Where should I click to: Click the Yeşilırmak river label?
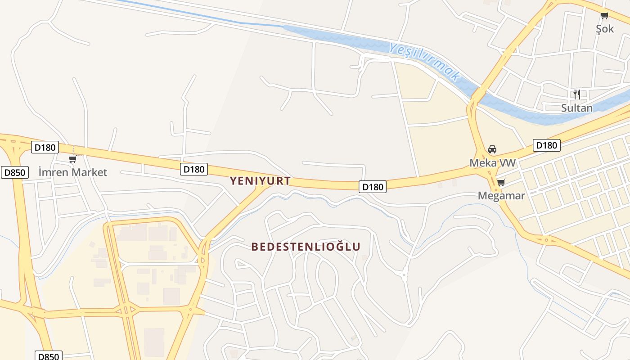click(425, 62)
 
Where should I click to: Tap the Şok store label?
click(605, 29)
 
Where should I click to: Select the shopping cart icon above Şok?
click(604, 16)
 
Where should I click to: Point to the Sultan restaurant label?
click(576, 108)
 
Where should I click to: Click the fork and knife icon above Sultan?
click(576, 94)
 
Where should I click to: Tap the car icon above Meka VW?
click(492, 149)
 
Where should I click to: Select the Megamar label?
click(501, 196)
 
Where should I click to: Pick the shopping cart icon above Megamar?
click(501, 183)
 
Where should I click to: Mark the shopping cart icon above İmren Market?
click(72, 159)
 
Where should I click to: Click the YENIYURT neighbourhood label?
click(260, 181)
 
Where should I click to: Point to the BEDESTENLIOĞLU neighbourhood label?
click(306, 247)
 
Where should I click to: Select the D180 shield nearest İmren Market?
click(45, 147)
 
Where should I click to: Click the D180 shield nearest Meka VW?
click(546, 145)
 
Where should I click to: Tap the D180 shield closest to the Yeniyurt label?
click(194, 169)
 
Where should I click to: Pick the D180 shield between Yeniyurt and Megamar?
click(373, 187)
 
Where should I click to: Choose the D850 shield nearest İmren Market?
click(15, 172)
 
